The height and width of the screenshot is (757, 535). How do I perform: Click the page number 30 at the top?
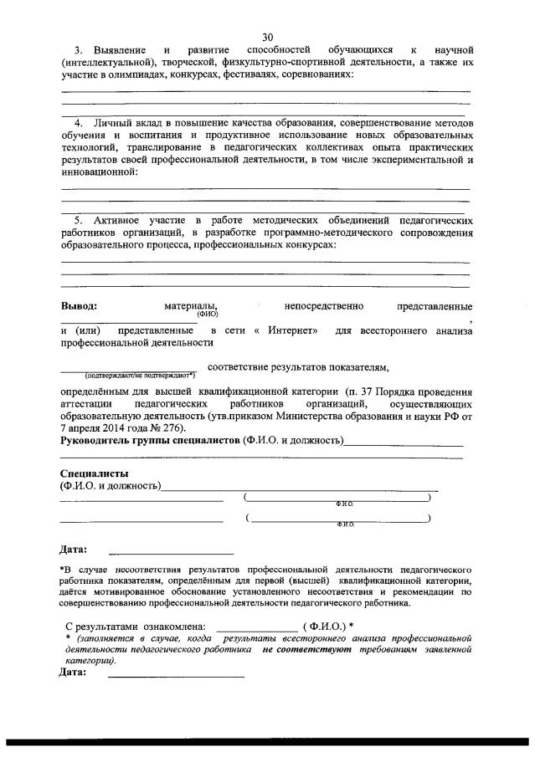tap(267, 37)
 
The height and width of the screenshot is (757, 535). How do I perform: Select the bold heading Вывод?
tap(79, 306)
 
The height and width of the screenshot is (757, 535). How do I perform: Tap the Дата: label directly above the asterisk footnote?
tap(73, 550)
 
